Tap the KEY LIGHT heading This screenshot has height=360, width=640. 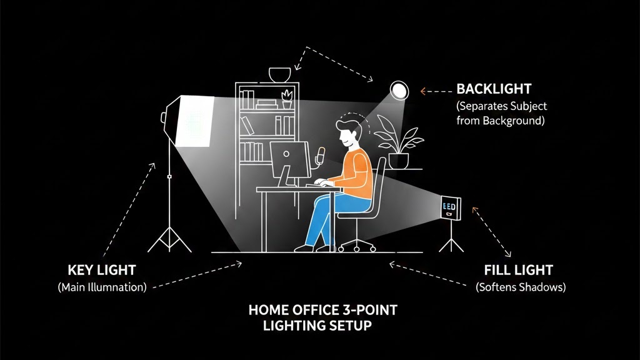pos(101,270)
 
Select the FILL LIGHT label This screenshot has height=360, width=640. pos(518,271)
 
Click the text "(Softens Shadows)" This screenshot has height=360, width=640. pos(520,287)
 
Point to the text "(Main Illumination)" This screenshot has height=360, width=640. pos(102,287)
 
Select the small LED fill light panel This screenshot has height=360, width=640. pos(450,208)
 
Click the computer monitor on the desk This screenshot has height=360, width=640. pos(289,159)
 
